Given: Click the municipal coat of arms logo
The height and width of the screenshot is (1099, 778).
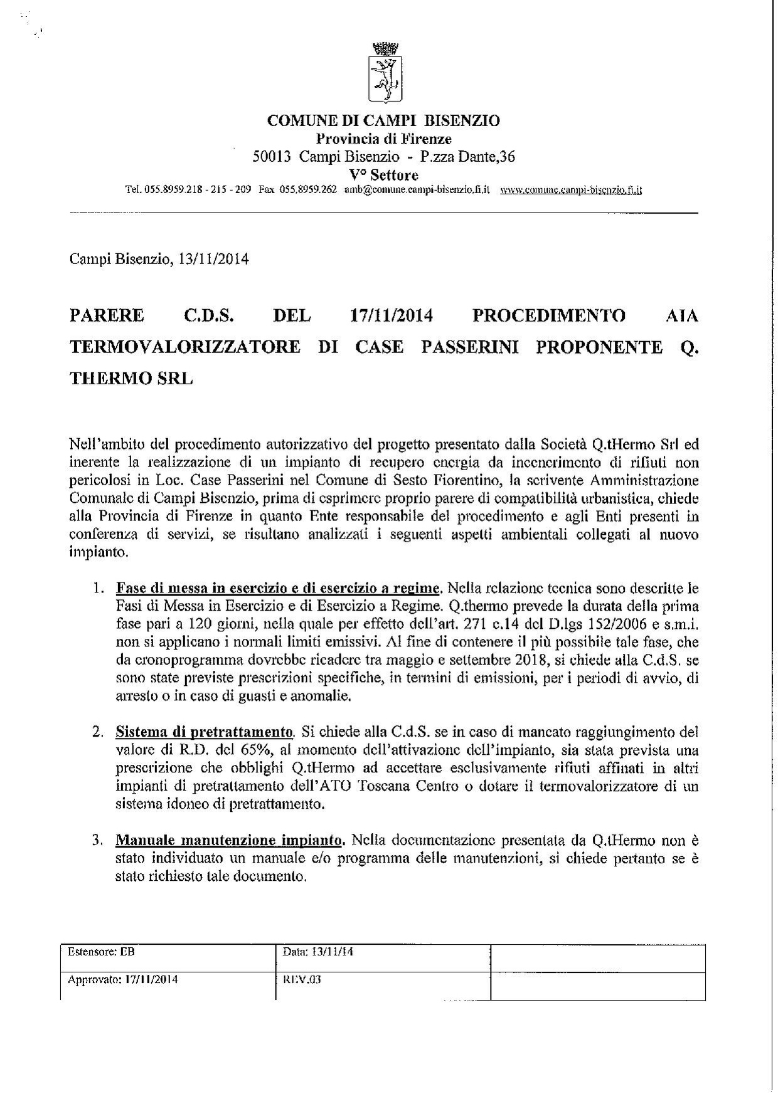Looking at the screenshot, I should (383, 73).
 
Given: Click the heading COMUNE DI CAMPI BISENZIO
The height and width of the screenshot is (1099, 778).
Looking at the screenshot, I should (383, 120).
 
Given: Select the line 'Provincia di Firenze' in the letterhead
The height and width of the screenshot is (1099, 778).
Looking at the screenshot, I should (383, 139).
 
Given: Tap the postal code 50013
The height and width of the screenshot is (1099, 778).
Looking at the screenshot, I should (271, 157).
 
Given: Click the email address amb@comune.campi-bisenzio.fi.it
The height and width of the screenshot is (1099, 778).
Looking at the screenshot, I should (417, 190).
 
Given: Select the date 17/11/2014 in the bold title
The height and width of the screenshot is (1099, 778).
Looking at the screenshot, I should (391, 315).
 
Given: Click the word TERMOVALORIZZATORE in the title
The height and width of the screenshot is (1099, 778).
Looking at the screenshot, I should (185, 347).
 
